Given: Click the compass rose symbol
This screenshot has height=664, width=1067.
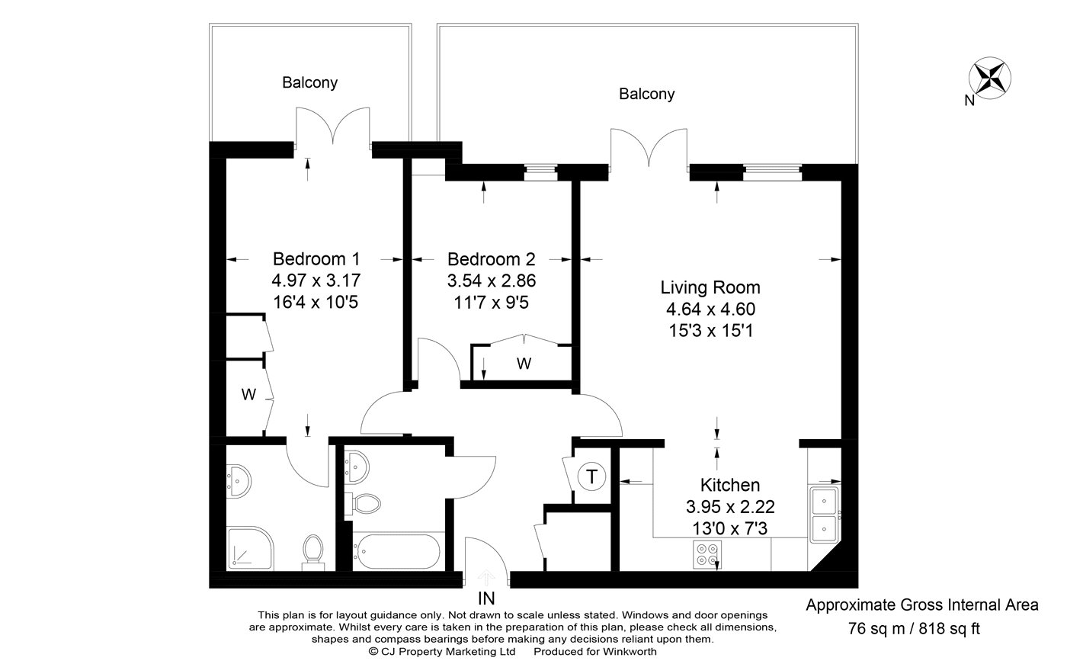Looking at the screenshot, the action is coord(990,78).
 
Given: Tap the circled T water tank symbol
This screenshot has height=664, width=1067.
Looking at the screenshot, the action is coord(591,476).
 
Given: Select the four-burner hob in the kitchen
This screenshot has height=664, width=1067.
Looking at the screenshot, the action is coord(707,554).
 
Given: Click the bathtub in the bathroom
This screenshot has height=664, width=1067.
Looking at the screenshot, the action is coord(396,552).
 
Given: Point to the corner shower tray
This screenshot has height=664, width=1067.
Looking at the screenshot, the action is coord(250,548).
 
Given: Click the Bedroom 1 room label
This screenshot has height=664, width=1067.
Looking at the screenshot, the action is coord(316,259).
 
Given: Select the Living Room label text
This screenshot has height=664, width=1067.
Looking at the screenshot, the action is coord(710,287).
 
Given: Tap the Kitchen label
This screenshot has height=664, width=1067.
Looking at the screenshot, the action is coord(730,485).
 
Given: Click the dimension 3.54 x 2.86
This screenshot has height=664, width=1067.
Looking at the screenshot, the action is coord(492,281).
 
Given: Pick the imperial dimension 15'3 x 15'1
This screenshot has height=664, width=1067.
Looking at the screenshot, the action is coord(710,331).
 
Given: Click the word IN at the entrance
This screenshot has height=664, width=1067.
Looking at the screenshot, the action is coord(486,598).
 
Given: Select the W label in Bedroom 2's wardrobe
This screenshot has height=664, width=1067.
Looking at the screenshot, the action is coord(524,364).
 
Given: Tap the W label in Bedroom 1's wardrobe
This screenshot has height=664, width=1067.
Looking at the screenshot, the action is coord(248,394).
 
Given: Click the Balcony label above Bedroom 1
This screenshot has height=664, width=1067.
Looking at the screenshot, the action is coord(309,82).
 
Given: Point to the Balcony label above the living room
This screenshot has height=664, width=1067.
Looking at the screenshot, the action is coord(647,94).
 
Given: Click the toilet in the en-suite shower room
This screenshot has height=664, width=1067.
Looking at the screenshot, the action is coord(313,552).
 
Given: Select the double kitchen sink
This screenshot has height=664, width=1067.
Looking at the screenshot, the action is coord(824,514).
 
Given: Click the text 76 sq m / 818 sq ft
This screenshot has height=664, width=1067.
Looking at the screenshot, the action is coord(914,628).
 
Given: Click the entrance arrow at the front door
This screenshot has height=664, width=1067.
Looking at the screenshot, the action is coord(486,577).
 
